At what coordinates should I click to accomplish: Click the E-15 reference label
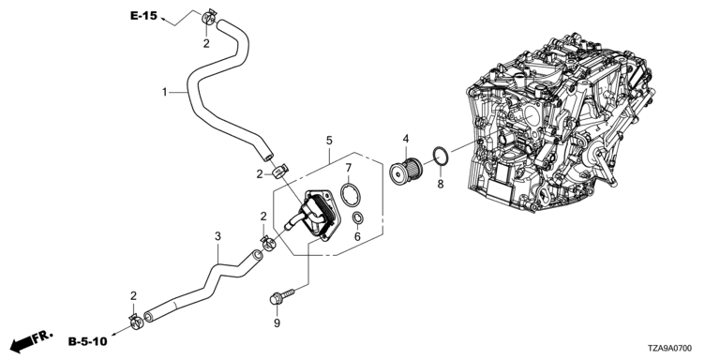pyautogui.click(x=143, y=16)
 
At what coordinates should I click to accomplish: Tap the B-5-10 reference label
pyautogui.click(x=88, y=341)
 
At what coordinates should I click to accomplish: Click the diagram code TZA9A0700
pyautogui.click(x=671, y=349)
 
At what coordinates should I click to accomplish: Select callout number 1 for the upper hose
pyautogui.click(x=164, y=92)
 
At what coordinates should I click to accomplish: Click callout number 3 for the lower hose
pyautogui.click(x=217, y=236)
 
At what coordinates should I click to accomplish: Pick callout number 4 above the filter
pyautogui.click(x=405, y=138)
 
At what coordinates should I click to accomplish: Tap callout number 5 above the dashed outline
pyautogui.click(x=329, y=140)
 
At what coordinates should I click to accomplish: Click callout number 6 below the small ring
pyautogui.click(x=357, y=237)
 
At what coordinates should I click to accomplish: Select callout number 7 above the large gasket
pyautogui.click(x=349, y=168)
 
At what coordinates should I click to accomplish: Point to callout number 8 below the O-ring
pyautogui.click(x=441, y=184)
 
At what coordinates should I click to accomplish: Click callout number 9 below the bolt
pyautogui.click(x=277, y=323)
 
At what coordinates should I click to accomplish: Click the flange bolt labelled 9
pyautogui.click(x=282, y=296)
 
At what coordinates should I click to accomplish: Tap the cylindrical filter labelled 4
pyautogui.click(x=405, y=170)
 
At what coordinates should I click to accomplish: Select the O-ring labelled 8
pyautogui.click(x=441, y=157)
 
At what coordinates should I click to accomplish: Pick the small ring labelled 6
pyautogui.click(x=358, y=218)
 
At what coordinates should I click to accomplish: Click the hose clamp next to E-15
pyautogui.click(x=208, y=18)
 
